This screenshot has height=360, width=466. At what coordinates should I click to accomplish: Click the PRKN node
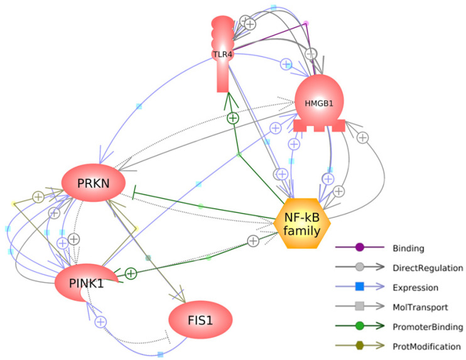click(x=94, y=183)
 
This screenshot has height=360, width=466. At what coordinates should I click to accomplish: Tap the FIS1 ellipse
click(x=200, y=320)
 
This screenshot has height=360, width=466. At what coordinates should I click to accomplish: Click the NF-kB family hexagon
click(x=301, y=223)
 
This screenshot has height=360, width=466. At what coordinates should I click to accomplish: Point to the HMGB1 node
click(x=319, y=103)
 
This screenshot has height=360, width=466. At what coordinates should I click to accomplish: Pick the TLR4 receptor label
click(x=222, y=55)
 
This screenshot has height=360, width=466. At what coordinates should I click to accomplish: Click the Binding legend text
click(x=408, y=248)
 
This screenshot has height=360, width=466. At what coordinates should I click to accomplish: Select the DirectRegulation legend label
click(x=428, y=268)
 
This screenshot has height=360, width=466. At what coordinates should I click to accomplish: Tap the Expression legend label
click(x=416, y=288)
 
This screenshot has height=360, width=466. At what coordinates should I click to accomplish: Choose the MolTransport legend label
click(x=420, y=307)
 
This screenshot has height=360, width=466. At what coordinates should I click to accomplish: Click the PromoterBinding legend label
click(x=428, y=327)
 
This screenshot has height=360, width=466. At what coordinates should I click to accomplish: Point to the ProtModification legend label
click(x=426, y=346)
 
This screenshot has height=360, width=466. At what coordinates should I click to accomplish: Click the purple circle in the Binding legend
click(x=360, y=247)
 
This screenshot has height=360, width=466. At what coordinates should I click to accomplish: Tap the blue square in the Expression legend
click(x=360, y=286)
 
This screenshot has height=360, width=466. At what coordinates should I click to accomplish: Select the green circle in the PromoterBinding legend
click(x=360, y=326)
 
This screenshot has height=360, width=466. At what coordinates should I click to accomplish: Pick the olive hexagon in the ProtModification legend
click(x=360, y=346)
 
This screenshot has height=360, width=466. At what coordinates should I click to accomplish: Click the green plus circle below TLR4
click(x=233, y=118)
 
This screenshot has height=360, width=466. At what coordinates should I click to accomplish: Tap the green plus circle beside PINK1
click(x=131, y=273)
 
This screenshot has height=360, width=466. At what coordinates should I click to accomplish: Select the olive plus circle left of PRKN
click(x=38, y=197)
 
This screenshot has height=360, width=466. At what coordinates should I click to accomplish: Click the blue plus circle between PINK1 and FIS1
click(x=100, y=322)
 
